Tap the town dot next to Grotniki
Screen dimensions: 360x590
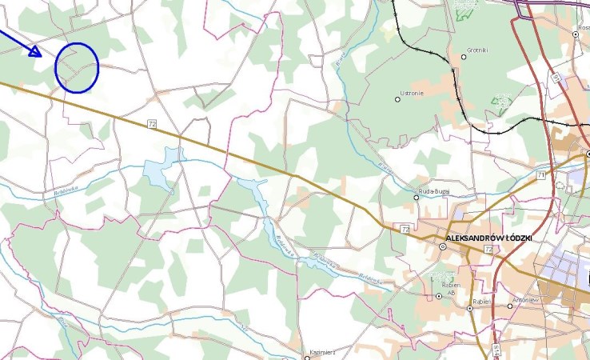pyautogui.click(x=464, y=57)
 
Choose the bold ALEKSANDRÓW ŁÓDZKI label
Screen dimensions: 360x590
pyautogui.click(x=488, y=238)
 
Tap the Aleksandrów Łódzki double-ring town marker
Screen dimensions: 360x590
pyautogui.click(x=443, y=246)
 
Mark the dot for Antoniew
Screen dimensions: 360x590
pyautogui.click(x=510, y=306)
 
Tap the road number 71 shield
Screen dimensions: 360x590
pyautogui.click(x=541, y=174)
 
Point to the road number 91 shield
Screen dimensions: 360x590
pyautogui.click(x=555, y=78)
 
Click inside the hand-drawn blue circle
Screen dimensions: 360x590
pyautogui.click(x=77, y=67)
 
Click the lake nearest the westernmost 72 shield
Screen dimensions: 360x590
pyautogui.click(x=160, y=172)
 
